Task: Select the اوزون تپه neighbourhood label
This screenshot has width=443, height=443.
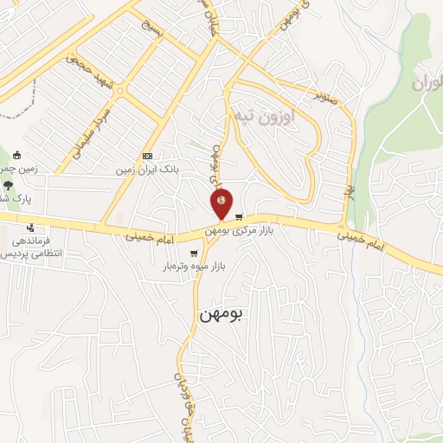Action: tap(264, 114)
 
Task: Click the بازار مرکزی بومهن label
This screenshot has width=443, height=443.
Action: tap(233, 231)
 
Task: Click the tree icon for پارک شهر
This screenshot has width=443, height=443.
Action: tap(8, 183)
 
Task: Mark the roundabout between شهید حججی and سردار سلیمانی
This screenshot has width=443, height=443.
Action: tap(120, 90)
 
